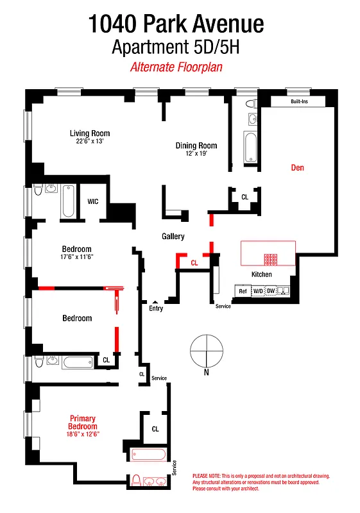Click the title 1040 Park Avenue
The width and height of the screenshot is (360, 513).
click(176, 24)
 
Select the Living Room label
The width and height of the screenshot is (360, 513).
click(89, 133)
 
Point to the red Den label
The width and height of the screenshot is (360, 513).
click(297, 168)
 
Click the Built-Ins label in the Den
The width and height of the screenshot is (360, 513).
click(299, 102)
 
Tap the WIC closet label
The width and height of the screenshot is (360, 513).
click(93, 201)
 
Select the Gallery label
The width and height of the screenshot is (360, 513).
click(173, 237)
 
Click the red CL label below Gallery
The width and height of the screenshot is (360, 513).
click(194, 263)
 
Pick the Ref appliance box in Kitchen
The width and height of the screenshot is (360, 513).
click(243, 291)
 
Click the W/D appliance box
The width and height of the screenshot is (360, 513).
click(257, 291)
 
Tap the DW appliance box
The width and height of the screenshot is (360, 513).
click(271, 291)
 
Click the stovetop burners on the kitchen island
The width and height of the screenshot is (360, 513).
click(271, 260)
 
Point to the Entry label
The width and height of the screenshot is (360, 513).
click(156, 308)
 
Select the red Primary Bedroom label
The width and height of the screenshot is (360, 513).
click(83, 423)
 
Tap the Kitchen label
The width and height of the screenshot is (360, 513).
click(261, 274)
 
